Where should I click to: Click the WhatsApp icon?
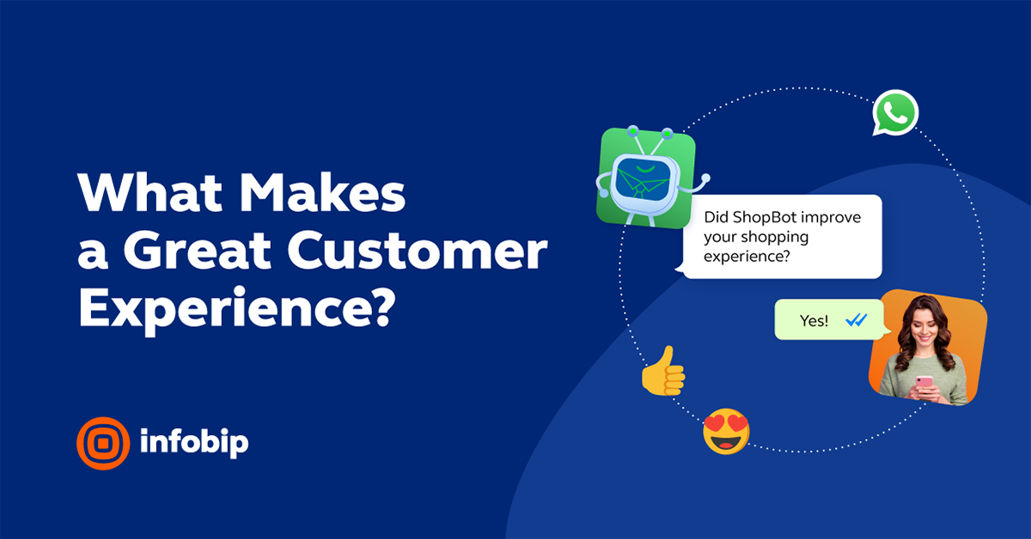895,113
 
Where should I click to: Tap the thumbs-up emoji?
663,371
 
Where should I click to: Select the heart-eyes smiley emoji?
726,431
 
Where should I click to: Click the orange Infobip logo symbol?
102,444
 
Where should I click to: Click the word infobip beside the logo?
193,443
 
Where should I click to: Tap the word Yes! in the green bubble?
814,320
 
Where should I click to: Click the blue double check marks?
857,320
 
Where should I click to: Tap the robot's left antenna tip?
632,130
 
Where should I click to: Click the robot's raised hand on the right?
705,179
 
